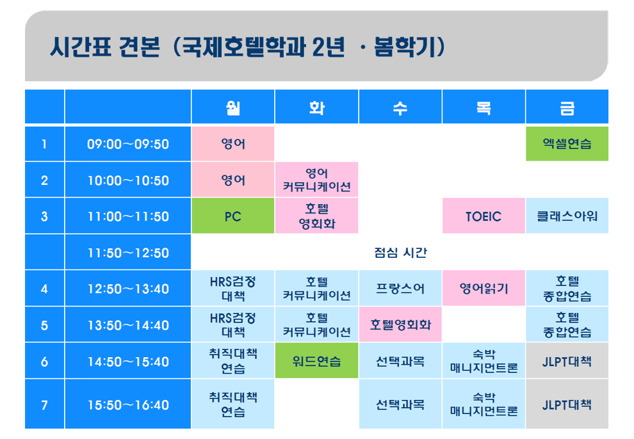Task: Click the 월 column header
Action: pyautogui.click(x=233, y=107)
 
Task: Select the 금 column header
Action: pyautogui.click(x=567, y=107)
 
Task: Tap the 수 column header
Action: pyautogui.click(x=400, y=107)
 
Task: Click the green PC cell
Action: pyautogui.click(x=233, y=216)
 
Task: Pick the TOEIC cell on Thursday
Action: pyautogui.click(x=484, y=216)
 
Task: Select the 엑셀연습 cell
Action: pyautogui.click(x=567, y=144)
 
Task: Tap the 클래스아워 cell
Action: pyautogui.click(x=567, y=216)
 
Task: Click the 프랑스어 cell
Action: pyautogui.click(x=400, y=288)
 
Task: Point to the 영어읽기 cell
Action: pyautogui.click(x=484, y=288)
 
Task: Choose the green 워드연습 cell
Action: pyautogui.click(x=316, y=361)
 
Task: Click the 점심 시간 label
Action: pyautogui.click(x=400, y=252)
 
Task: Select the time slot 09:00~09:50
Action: pyautogui.click(x=128, y=144)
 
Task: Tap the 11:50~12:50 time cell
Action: pyautogui.click(x=128, y=252)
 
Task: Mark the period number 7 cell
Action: pyautogui.click(x=44, y=404)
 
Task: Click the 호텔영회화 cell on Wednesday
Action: pyautogui.click(x=400, y=324)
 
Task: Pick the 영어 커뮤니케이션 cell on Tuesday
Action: pyautogui.click(x=316, y=180)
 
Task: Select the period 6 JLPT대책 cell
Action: pyautogui.click(x=567, y=361)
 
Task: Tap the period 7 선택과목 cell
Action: pyautogui.click(x=400, y=404)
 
